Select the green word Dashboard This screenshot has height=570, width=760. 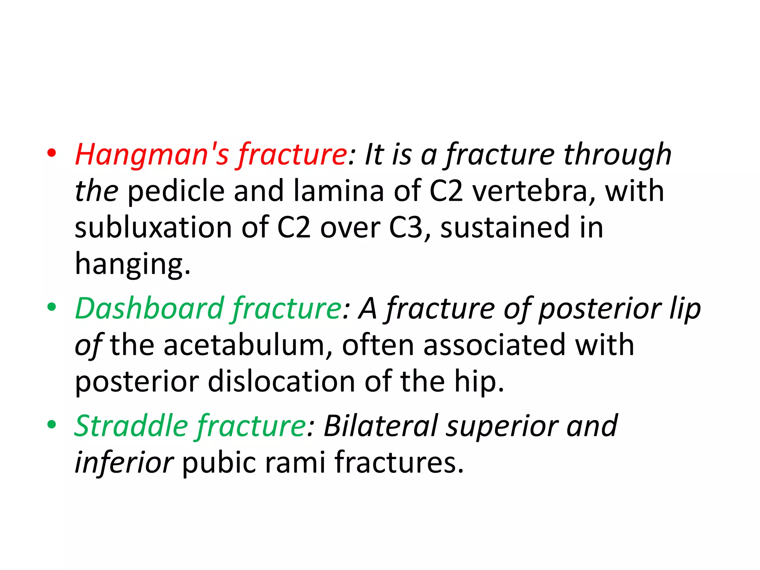click(x=149, y=308)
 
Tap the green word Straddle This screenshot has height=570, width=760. click(x=131, y=426)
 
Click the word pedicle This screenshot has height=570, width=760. click(x=176, y=191)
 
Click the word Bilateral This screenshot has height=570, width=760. click(x=381, y=426)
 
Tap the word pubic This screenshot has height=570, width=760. click(x=219, y=462)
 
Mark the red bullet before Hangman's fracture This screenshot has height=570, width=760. click(x=52, y=153)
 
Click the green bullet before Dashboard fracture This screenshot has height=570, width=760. click(x=52, y=307)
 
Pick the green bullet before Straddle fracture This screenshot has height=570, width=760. click(x=52, y=425)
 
